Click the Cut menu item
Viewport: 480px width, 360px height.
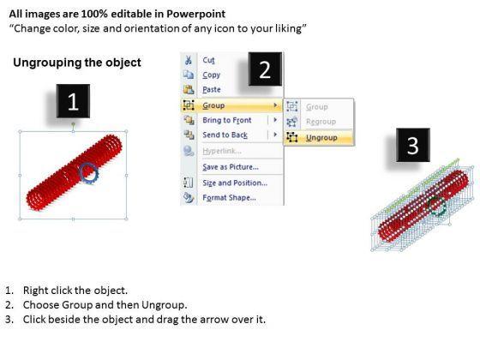click(208, 60)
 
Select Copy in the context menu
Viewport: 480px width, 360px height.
click(211, 75)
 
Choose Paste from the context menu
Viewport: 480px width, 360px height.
click(212, 90)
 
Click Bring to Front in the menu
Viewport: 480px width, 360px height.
click(227, 120)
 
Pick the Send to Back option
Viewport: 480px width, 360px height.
click(225, 135)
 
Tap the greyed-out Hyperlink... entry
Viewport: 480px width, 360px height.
click(222, 151)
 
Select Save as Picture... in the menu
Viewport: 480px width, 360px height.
click(231, 167)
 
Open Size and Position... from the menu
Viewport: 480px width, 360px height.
click(235, 183)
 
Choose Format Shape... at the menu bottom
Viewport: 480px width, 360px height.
click(230, 197)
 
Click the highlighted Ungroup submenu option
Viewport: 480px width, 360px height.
click(321, 138)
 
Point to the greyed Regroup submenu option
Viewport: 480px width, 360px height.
click(321, 122)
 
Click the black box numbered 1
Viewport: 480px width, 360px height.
click(73, 101)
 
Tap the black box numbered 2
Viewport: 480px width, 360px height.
click(265, 69)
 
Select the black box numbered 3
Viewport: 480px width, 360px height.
click(413, 145)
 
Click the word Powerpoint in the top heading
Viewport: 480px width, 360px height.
click(196, 14)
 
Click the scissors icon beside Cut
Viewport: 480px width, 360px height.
click(189, 60)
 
